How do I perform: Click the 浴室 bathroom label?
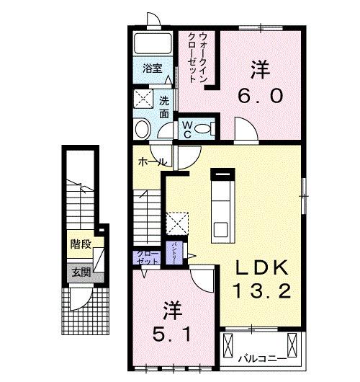click(151, 70)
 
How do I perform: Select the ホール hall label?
click(149, 162)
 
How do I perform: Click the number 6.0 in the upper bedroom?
click(259, 96)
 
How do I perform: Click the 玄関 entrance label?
click(81, 272)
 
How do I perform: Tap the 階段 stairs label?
click(80, 244)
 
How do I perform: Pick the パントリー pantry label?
click(174, 254)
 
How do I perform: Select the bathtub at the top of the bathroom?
click(152, 44)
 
